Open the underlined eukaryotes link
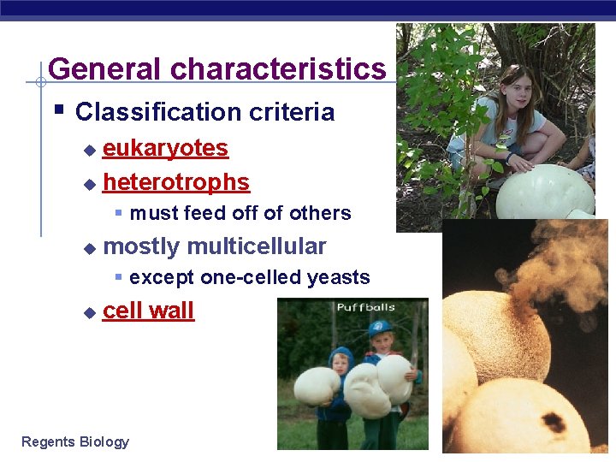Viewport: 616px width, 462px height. tap(165, 148)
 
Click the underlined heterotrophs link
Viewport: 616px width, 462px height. tap(175, 182)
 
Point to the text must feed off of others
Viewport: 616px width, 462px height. tap(240, 213)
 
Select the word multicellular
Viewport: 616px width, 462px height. tap(256, 246)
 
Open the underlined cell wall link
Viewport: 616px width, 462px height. tap(148, 311)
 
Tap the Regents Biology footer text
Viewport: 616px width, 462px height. tap(75, 441)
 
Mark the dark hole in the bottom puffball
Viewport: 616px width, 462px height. tap(553, 422)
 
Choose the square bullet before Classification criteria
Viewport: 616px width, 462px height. tap(60, 110)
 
